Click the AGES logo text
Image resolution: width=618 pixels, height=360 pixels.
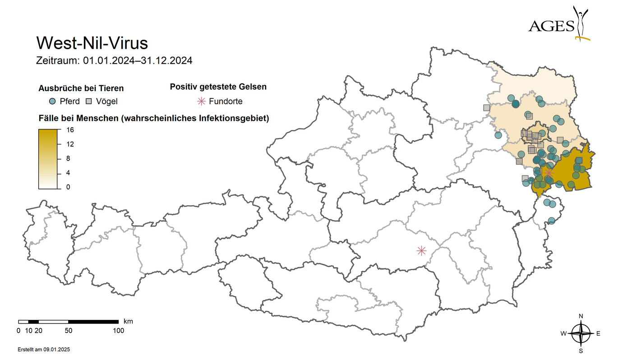click(x=551, y=26)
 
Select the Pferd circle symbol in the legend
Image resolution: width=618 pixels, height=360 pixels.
click(x=52, y=101)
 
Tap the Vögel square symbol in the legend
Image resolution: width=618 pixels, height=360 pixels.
click(x=89, y=101)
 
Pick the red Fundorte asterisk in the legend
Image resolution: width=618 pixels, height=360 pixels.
click(x=201, y=101)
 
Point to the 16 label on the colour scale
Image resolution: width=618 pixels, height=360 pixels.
click(x=70, y=130)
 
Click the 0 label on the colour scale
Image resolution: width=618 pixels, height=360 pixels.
click(x=68, y=187)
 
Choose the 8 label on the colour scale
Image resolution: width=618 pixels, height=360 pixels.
click(x=68, y=158)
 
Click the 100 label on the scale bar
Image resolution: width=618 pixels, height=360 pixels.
click(x=118, y=331)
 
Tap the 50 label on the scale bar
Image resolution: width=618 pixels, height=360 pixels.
click(x=68, y=331)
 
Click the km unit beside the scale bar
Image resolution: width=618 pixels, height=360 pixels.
click(x=128, y=321)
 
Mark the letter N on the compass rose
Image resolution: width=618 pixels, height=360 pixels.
click(x=581, y=316)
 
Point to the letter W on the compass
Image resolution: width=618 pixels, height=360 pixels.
click(x=564, y=334)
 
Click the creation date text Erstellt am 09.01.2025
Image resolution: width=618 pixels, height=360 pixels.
click(x=43, y=350)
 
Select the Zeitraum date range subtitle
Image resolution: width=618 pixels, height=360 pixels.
click(x=114, y=60)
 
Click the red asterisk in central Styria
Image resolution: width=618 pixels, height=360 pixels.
click(x=421, y=250)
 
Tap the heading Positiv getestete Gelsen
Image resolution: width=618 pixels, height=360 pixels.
click(x=218, y=87)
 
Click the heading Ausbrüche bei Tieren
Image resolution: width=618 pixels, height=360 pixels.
click(x=81, y=88)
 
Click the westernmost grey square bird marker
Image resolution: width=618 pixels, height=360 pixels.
click(x=486, y=108)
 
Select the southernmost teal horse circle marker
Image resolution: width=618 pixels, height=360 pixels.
click(x=551, y=221)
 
